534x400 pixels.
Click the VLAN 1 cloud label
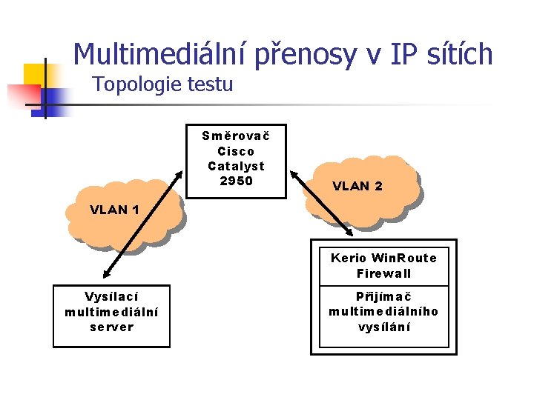[114, 209]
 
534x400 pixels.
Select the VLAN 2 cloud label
[357, 186]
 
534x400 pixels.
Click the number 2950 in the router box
[236, 181]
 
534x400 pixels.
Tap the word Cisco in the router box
[236, 151]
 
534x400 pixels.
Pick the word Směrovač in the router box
[236, 136]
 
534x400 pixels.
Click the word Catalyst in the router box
[236, 166]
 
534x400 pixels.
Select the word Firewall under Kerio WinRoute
[384, 273]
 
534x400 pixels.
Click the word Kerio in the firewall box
[349, 258]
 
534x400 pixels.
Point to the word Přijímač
[384, 296]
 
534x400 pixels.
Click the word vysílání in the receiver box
[384, 327]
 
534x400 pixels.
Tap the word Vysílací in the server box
[111, 296]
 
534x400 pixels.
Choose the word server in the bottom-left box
[111, 327]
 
